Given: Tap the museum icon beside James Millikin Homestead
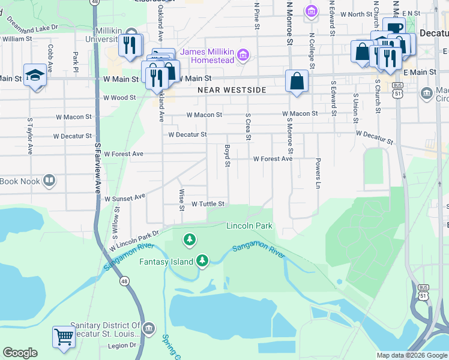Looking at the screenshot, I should point(243,56).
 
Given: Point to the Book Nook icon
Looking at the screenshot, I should point(49,181).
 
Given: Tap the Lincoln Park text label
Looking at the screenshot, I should point(249,226).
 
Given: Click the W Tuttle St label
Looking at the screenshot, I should point(208,204).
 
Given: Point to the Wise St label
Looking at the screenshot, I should point(181,200).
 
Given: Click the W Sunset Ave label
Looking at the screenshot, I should point(125,197).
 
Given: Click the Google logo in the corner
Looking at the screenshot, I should point(20,353).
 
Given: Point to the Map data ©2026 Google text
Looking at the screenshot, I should point(411,355).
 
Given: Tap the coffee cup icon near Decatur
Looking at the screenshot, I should point(394,28).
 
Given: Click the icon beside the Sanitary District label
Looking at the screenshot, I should point(149,328).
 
